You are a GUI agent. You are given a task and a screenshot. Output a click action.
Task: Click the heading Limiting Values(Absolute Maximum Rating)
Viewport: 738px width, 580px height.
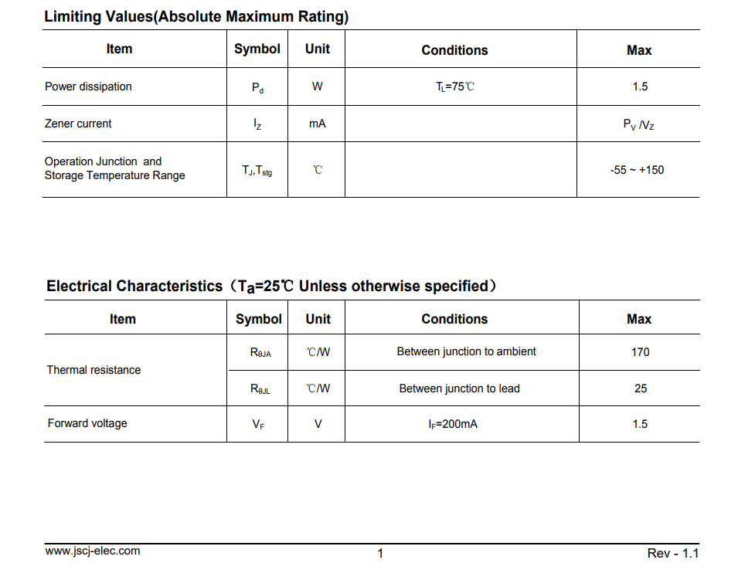point(196,16)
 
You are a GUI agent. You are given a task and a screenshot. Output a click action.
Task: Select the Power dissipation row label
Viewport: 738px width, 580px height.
point(88,86)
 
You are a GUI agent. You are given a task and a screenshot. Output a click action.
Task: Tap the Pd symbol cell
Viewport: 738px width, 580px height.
point(257,88)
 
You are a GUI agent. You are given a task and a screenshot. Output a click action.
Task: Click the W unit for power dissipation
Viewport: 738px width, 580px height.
point(317,86)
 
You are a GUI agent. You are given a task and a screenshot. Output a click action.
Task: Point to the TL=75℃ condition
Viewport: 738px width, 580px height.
point(455,86)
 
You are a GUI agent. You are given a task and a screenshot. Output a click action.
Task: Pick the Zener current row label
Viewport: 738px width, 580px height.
point(78,124)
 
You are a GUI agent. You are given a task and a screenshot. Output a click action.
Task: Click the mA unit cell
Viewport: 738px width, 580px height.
point(317,124)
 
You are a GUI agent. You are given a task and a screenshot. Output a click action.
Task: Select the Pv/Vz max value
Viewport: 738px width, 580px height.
point(638,124)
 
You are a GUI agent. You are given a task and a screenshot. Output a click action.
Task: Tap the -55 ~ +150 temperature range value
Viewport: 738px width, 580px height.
point(637,170)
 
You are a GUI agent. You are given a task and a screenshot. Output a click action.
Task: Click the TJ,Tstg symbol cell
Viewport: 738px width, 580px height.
point(257,171)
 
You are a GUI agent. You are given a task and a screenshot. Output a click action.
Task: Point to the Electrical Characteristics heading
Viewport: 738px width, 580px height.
point(270,287)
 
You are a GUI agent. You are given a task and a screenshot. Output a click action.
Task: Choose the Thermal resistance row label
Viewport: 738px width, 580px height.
point(94,370)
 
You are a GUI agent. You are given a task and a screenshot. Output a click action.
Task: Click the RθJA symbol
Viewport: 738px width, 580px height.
point(260,352)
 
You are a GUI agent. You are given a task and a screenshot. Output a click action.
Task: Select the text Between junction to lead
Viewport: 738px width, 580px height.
point(459,388)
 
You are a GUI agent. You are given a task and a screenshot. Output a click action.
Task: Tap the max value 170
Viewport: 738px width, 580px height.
point(640,352)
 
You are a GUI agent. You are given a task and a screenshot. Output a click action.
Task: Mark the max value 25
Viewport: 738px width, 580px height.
point(641,388)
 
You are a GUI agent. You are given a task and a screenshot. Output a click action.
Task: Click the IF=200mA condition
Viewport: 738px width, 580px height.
point(453,424)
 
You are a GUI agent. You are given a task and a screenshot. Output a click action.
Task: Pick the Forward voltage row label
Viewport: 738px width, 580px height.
point(87,423)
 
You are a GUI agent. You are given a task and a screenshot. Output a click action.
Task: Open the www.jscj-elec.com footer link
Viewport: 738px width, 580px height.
point(93,551)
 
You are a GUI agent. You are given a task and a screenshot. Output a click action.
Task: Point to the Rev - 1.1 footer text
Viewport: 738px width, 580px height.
point(672,553)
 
